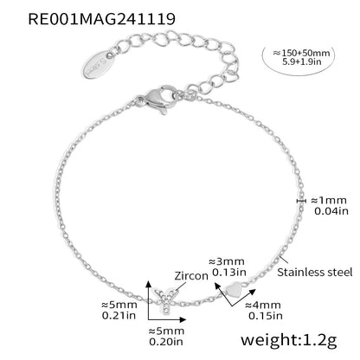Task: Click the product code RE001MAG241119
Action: [x=102, y=19]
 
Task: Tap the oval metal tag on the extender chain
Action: [x=99, y=64]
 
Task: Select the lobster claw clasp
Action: [x=157, y=99]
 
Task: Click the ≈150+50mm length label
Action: [x=301, y=53]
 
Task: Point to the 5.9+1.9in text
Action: [x=302, y=61]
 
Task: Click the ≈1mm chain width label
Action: [x=329, y=201]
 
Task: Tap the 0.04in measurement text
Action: [x=331, y=211]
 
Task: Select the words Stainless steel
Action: [x=315, y=272]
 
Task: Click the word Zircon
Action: [x=191, y=276]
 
